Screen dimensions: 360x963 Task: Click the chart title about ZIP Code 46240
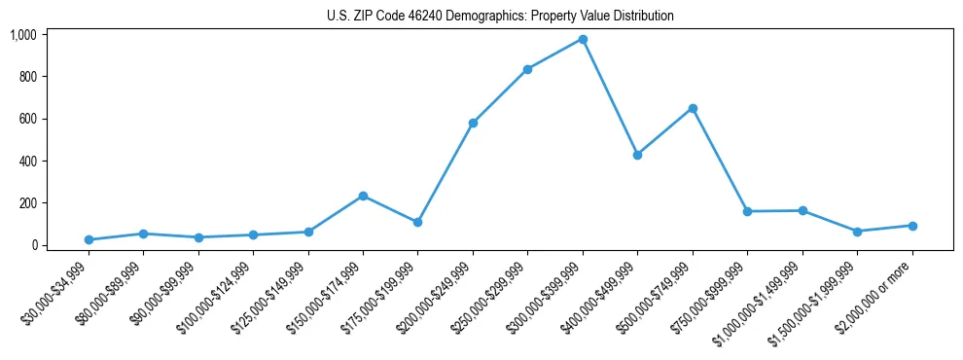click(499, 17)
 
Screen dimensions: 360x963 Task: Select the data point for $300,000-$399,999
click(583, 39)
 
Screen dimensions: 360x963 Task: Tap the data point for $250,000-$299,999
click(527, 69)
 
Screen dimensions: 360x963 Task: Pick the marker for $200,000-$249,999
click(473, 123)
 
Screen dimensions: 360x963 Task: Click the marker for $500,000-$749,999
click(693, 108)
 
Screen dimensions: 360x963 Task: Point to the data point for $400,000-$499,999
click(637, 155)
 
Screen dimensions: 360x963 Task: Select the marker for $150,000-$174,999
click(363, 196)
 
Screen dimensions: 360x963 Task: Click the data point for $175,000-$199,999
click(417, 222)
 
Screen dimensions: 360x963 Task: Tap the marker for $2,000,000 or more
click(912, 226)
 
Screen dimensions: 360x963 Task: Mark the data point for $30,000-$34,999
click(89, 239)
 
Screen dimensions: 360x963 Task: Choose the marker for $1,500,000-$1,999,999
click(857, 232)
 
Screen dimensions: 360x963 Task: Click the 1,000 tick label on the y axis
click(22, 35)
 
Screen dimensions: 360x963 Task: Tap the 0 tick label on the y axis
click(34, 245)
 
